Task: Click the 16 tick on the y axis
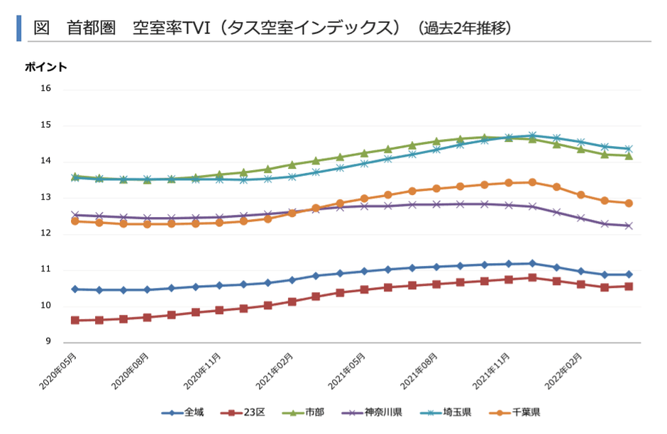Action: (x=46, y=89)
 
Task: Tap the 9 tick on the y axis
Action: (x=48, y=343)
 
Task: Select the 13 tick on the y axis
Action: (x=46, y=198)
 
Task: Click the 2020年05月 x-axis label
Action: (x=59, y=369)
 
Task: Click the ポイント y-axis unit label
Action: (x=46, y=67)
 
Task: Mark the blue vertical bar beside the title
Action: (x=19, y=28)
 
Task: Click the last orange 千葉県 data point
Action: (x=629, y=204)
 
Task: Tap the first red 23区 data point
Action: (x=75, y=321)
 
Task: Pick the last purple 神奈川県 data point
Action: (x=629, y=226)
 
